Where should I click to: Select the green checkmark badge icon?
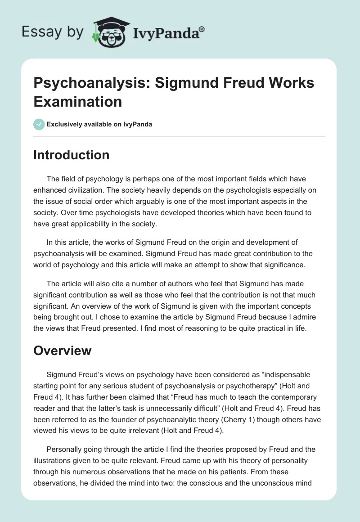pos(39,124)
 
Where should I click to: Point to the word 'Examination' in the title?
pos(78,101)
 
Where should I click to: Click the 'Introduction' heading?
pos(72,155)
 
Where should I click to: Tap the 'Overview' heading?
pos(63,350)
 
